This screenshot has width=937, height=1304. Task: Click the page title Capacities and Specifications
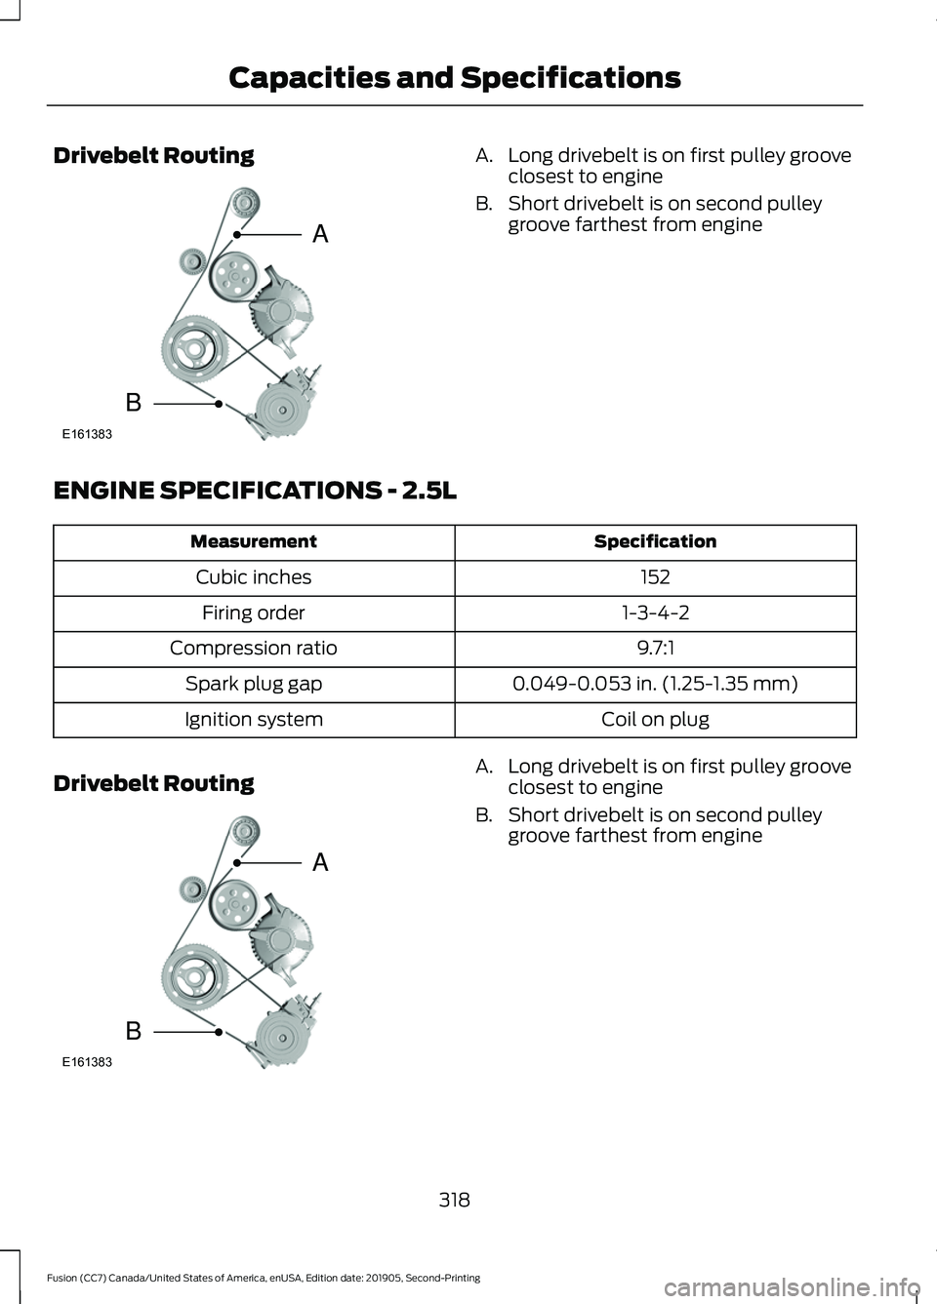point(454,78)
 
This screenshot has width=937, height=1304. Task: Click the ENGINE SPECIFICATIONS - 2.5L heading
point(255,490)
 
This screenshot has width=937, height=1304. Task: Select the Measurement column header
point(254,541)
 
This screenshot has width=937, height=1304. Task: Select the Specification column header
point(655,541)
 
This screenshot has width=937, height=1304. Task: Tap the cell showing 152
point(655,577)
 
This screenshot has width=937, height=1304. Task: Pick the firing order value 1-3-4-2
point(655,612)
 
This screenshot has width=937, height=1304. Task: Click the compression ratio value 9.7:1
point(655,648)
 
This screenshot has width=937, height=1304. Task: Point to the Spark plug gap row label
point(254,684)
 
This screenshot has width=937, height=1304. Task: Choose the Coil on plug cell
point(655,719)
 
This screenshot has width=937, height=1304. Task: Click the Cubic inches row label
point(254,577)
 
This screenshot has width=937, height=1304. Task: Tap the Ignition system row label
point(254,719)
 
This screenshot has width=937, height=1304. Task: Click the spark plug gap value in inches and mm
point(655,684)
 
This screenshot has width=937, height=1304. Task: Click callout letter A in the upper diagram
point(320,233)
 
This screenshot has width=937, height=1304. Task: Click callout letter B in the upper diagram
point(134,401)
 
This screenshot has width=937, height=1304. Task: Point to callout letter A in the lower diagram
point(320,861)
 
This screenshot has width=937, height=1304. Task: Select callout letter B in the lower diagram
point(134,1029)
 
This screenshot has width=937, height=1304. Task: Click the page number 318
point(454,1199)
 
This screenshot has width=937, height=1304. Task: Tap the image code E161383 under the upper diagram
point(87,434)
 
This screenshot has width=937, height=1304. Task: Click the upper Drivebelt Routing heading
point(154,155)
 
